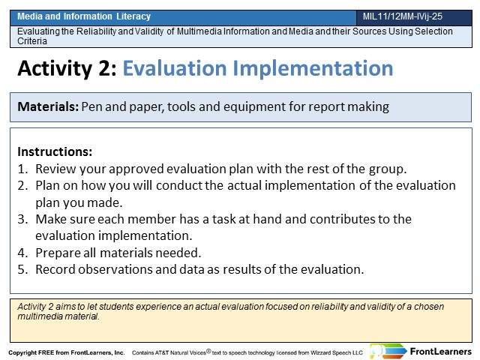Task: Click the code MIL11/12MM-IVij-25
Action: pyautogui.click(x=403, y=16)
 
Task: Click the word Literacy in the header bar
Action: pyautogui.click(x=133, y=16)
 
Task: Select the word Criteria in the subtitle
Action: pyautogui.click(x=32, y=41)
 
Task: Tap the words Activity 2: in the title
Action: pyautogui.click(x=67, y=68)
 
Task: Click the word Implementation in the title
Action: pyautogui.click(x=313, y=68)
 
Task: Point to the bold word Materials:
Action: pyautogui.click(x=48, y=106)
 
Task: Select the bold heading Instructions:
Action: pyautogui.click(x=55, y=151)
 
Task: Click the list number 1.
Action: pyautogui.click(x=22, y=169)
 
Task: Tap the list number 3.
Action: pyautogui.click(x=22, y=219)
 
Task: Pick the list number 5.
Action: pyautogui.click(x=22, y=269)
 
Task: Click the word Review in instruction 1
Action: pyautogui.click(x=55, y=169)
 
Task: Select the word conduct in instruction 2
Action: pyautogui.click(x=179, y=185)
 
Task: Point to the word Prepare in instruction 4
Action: pyautogui.click(x=57, y=253)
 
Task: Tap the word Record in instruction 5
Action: pyautogui.click(x=55, y=269)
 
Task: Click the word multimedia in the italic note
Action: pyautogui.click(x=39, y=316)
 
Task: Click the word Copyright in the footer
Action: pyautogui.click(x=22, y=352)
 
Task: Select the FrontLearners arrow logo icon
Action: pyautogui.click(x=388, y=351)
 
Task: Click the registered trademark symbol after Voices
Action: pyautogui.click(x=208, y=351)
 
